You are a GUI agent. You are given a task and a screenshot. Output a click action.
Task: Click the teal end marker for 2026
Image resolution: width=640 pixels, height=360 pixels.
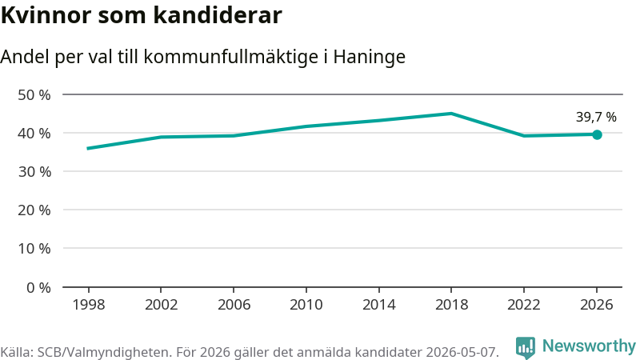(597, 134)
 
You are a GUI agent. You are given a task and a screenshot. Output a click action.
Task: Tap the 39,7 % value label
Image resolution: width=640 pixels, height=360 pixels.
(596, 117)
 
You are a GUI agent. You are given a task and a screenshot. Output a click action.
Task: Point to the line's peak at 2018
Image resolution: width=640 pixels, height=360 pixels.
(451, 113)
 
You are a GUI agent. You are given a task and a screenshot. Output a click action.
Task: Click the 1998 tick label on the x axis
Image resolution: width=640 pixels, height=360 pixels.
(89, 305)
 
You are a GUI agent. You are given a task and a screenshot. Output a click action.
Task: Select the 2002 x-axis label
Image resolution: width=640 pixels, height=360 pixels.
(162, 305)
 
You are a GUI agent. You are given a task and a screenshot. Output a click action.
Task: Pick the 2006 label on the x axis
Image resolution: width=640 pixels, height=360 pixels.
(234, 305)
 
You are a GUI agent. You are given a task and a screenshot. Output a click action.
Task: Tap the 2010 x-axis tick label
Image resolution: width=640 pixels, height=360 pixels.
(306, 305)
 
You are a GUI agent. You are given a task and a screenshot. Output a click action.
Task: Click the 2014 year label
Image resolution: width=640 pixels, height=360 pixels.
(378, 305)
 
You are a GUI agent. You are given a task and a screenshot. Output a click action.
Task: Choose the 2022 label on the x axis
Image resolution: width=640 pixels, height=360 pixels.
(524, 305)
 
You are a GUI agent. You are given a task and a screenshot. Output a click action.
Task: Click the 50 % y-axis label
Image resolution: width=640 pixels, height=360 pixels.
(34, 95)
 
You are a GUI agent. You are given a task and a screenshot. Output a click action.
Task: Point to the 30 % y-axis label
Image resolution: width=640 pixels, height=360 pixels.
(34, 172)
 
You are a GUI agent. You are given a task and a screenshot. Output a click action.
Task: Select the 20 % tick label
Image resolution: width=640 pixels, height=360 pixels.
(34, 210)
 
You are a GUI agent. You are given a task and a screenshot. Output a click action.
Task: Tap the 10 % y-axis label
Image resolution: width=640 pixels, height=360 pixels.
(34, 249)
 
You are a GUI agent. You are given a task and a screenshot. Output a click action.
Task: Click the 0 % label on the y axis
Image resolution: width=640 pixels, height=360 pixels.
(38, 288)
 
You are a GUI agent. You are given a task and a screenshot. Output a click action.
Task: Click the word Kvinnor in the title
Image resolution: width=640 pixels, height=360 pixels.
(46, 15)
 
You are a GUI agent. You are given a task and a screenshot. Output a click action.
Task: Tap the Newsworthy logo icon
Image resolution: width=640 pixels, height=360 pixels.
(526, 348)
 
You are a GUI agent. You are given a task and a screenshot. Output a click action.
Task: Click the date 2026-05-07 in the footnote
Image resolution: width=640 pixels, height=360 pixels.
(462, 352)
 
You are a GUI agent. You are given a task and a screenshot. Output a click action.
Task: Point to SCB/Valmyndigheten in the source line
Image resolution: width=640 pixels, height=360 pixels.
(104, 352)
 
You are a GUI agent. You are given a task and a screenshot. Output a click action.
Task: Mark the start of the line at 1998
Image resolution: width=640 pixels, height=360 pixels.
(88, 148)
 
